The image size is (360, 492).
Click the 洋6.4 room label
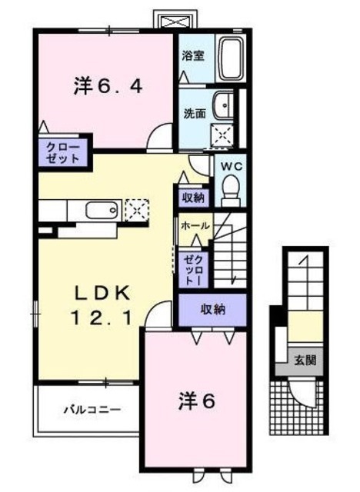tap(108, 86)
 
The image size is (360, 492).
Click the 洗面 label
tap(194, 112)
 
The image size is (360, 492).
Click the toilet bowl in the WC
tap(230, 187)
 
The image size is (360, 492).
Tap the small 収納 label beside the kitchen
tap(193, 198)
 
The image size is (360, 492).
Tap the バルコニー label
tap(92, 410)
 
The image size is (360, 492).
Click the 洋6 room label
tap(197, 401)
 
